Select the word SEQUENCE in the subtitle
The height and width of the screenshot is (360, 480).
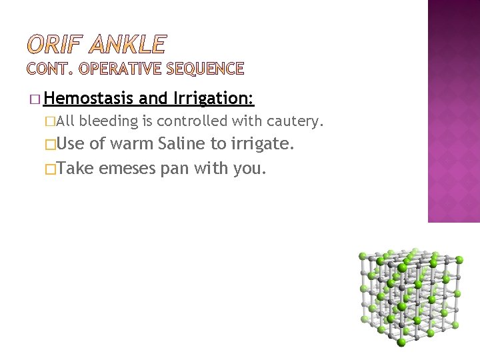pyautogui.click(x=206, y=68)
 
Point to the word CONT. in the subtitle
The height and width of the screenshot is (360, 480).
pyautogui.click(x=51, y=68)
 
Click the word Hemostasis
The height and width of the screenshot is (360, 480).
pyautogui.click(x=90, y=99)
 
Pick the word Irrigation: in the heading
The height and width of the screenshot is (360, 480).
pyautogui.click(x=213, y=99)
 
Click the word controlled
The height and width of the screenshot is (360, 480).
pyautogui.click(x=190, y=121)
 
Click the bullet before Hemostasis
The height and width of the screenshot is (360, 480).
pyautogui.click(x=35, y=99)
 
